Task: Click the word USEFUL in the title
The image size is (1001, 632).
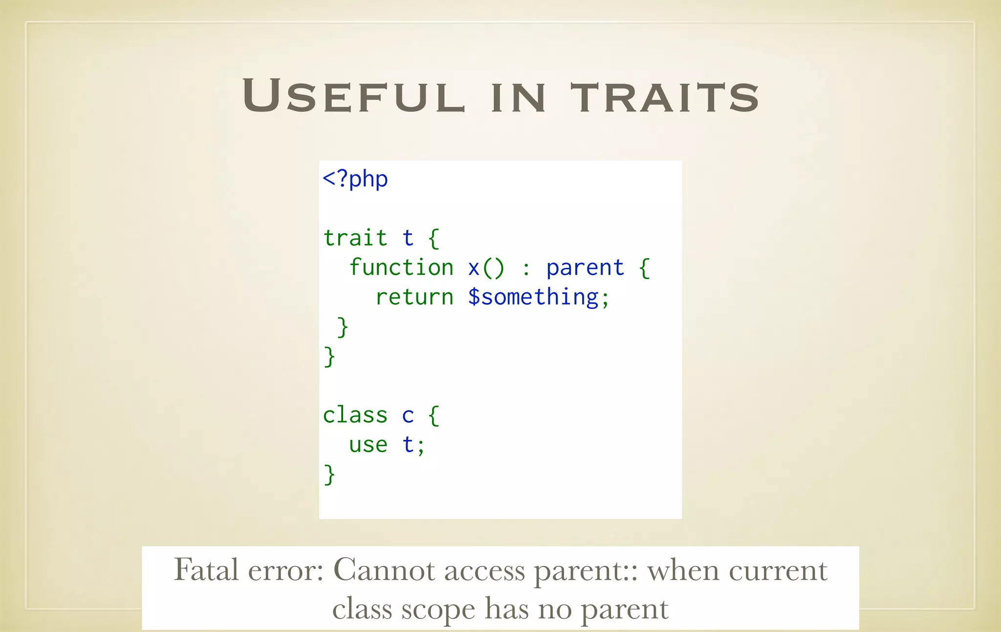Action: click(x=353, y=96)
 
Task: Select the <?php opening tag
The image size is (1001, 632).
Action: click(x=355, y=179)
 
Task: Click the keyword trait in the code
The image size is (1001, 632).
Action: click(x=355, y=238)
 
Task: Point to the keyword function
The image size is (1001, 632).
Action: click(x=401, y=267)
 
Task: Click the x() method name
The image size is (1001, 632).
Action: click(x=486, y=268)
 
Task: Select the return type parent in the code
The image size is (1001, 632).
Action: click(x=585, y=268)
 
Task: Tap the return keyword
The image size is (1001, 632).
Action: click(x=414, y=297)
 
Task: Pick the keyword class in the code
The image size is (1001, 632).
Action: click(x=355, y=415)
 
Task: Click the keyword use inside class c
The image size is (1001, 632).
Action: click(x=368, y=445)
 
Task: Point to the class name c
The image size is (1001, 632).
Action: click(x=408, y=415)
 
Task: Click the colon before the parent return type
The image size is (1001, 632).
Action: click(x=526, y=268)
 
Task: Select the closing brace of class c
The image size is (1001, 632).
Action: click(x=329, y=475)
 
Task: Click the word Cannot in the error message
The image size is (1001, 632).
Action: click(x=384, y=570)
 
